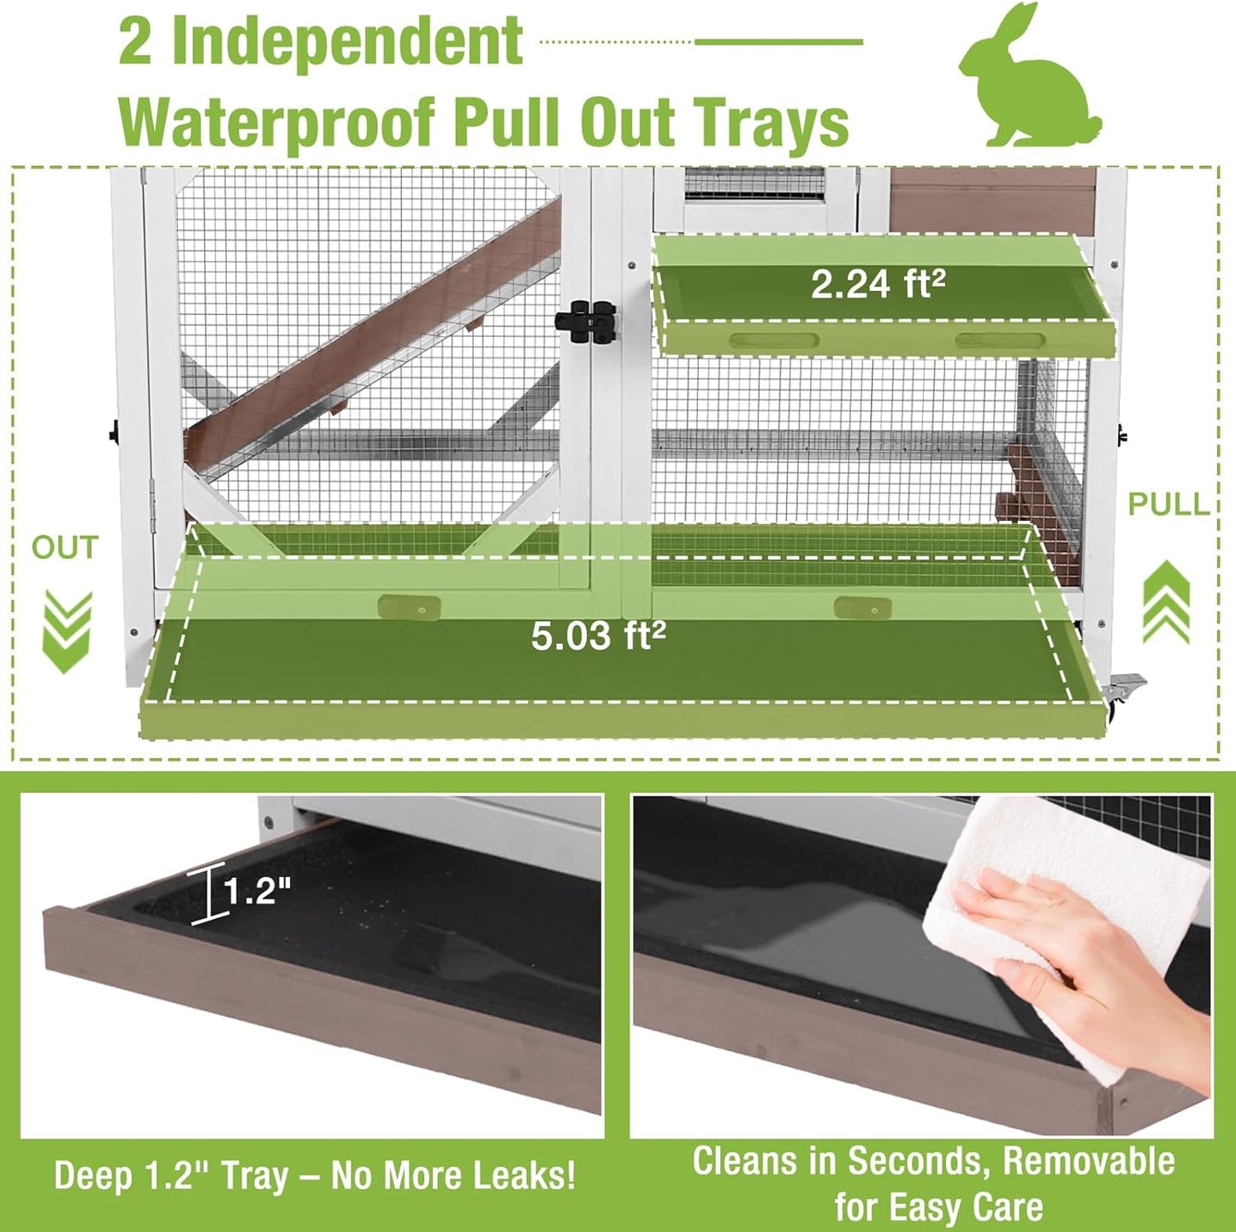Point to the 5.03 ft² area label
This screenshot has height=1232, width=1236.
[598, 636]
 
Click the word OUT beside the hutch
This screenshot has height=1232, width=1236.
[65, 548]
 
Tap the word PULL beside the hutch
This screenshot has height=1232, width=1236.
[1168, 504]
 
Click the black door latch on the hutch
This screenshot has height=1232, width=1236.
[586, 323]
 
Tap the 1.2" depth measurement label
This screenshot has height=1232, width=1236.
[257, 891]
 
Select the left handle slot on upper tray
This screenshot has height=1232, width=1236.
[773, 341]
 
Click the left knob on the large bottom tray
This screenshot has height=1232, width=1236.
[409, 607]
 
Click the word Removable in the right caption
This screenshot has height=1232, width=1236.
[1088, 1161]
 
